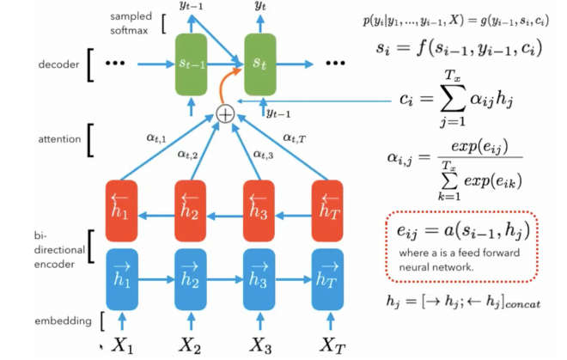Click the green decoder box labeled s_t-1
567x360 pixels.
point(192,64)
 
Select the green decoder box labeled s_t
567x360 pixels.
point(261,64)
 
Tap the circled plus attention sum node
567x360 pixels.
point(225,113)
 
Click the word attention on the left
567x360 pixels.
point(58,138)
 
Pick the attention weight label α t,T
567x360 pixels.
point(297,135)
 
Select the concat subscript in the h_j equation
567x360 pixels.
point(519,304)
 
